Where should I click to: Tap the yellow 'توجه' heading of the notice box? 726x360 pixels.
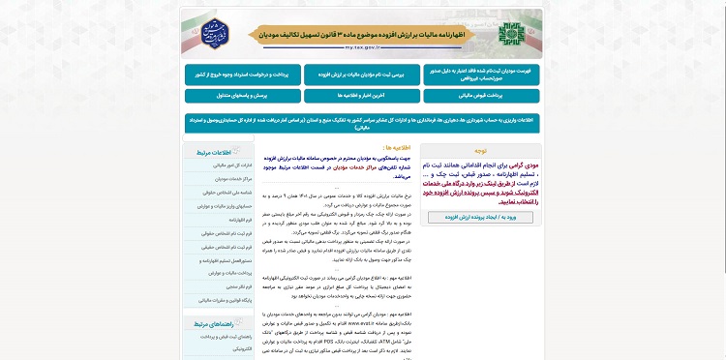(x=480, y=152)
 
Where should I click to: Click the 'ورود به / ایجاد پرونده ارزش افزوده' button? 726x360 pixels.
(x=480, y=218)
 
